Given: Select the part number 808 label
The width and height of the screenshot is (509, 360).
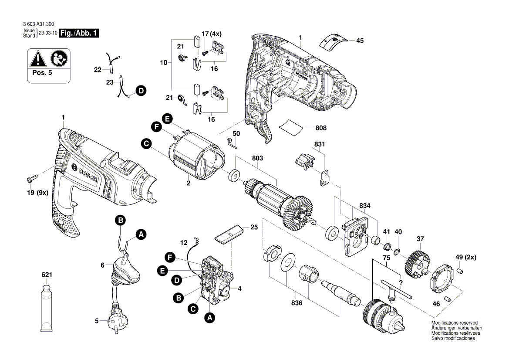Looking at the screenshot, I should pos(321,128).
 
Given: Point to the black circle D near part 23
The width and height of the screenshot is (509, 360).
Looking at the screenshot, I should pos(140,91).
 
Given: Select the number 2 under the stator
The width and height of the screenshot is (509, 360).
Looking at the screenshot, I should pos(189,183).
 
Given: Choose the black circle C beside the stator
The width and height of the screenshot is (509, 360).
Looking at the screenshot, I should pos(146,143).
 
